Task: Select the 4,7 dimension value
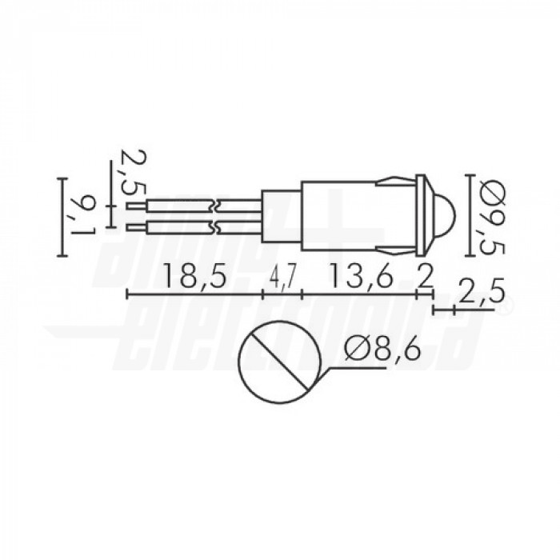(x=282, y=278)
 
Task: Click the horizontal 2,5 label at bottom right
(x=481, y=293)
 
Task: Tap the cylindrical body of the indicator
(x=352, y=217)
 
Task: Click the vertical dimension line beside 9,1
(x=62, y=217)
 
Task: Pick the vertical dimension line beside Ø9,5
(x=468, y=216)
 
